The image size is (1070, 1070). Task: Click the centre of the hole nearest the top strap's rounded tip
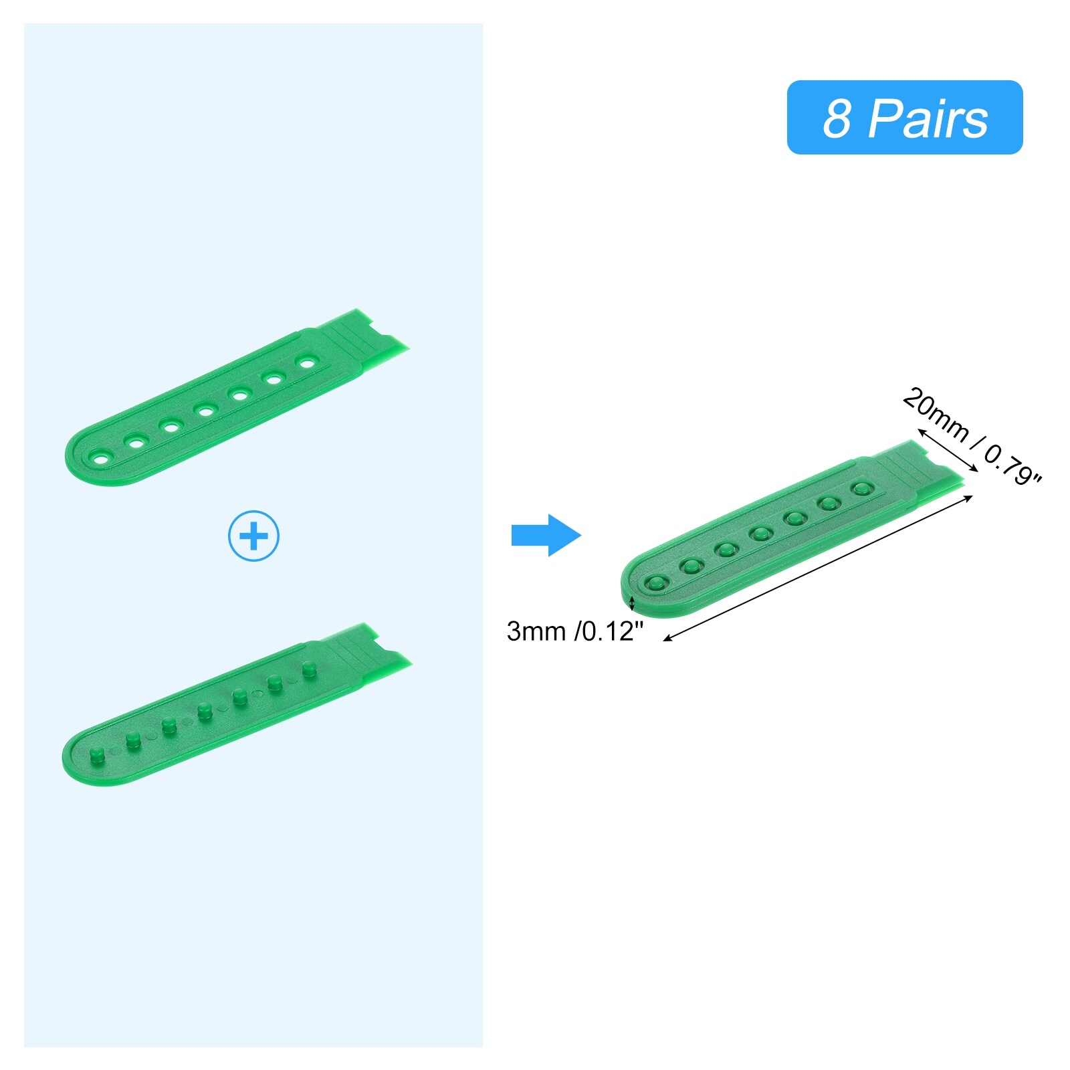102,459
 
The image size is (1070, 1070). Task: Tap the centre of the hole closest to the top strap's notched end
307,363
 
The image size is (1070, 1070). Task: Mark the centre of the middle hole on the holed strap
205,410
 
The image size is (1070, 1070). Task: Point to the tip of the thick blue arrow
581,535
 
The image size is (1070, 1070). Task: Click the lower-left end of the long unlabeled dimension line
663,641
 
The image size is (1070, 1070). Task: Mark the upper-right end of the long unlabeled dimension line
973,496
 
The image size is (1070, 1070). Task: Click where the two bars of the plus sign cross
253,536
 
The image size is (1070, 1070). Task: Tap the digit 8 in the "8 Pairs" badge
837,118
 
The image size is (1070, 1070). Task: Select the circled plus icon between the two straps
253,536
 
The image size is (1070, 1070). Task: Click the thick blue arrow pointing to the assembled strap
546,535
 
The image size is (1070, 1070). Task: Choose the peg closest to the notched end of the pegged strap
308,669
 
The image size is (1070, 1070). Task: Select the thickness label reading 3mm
536,631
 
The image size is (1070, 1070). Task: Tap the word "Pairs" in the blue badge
928,118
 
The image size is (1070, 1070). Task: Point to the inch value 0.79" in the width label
1012,465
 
